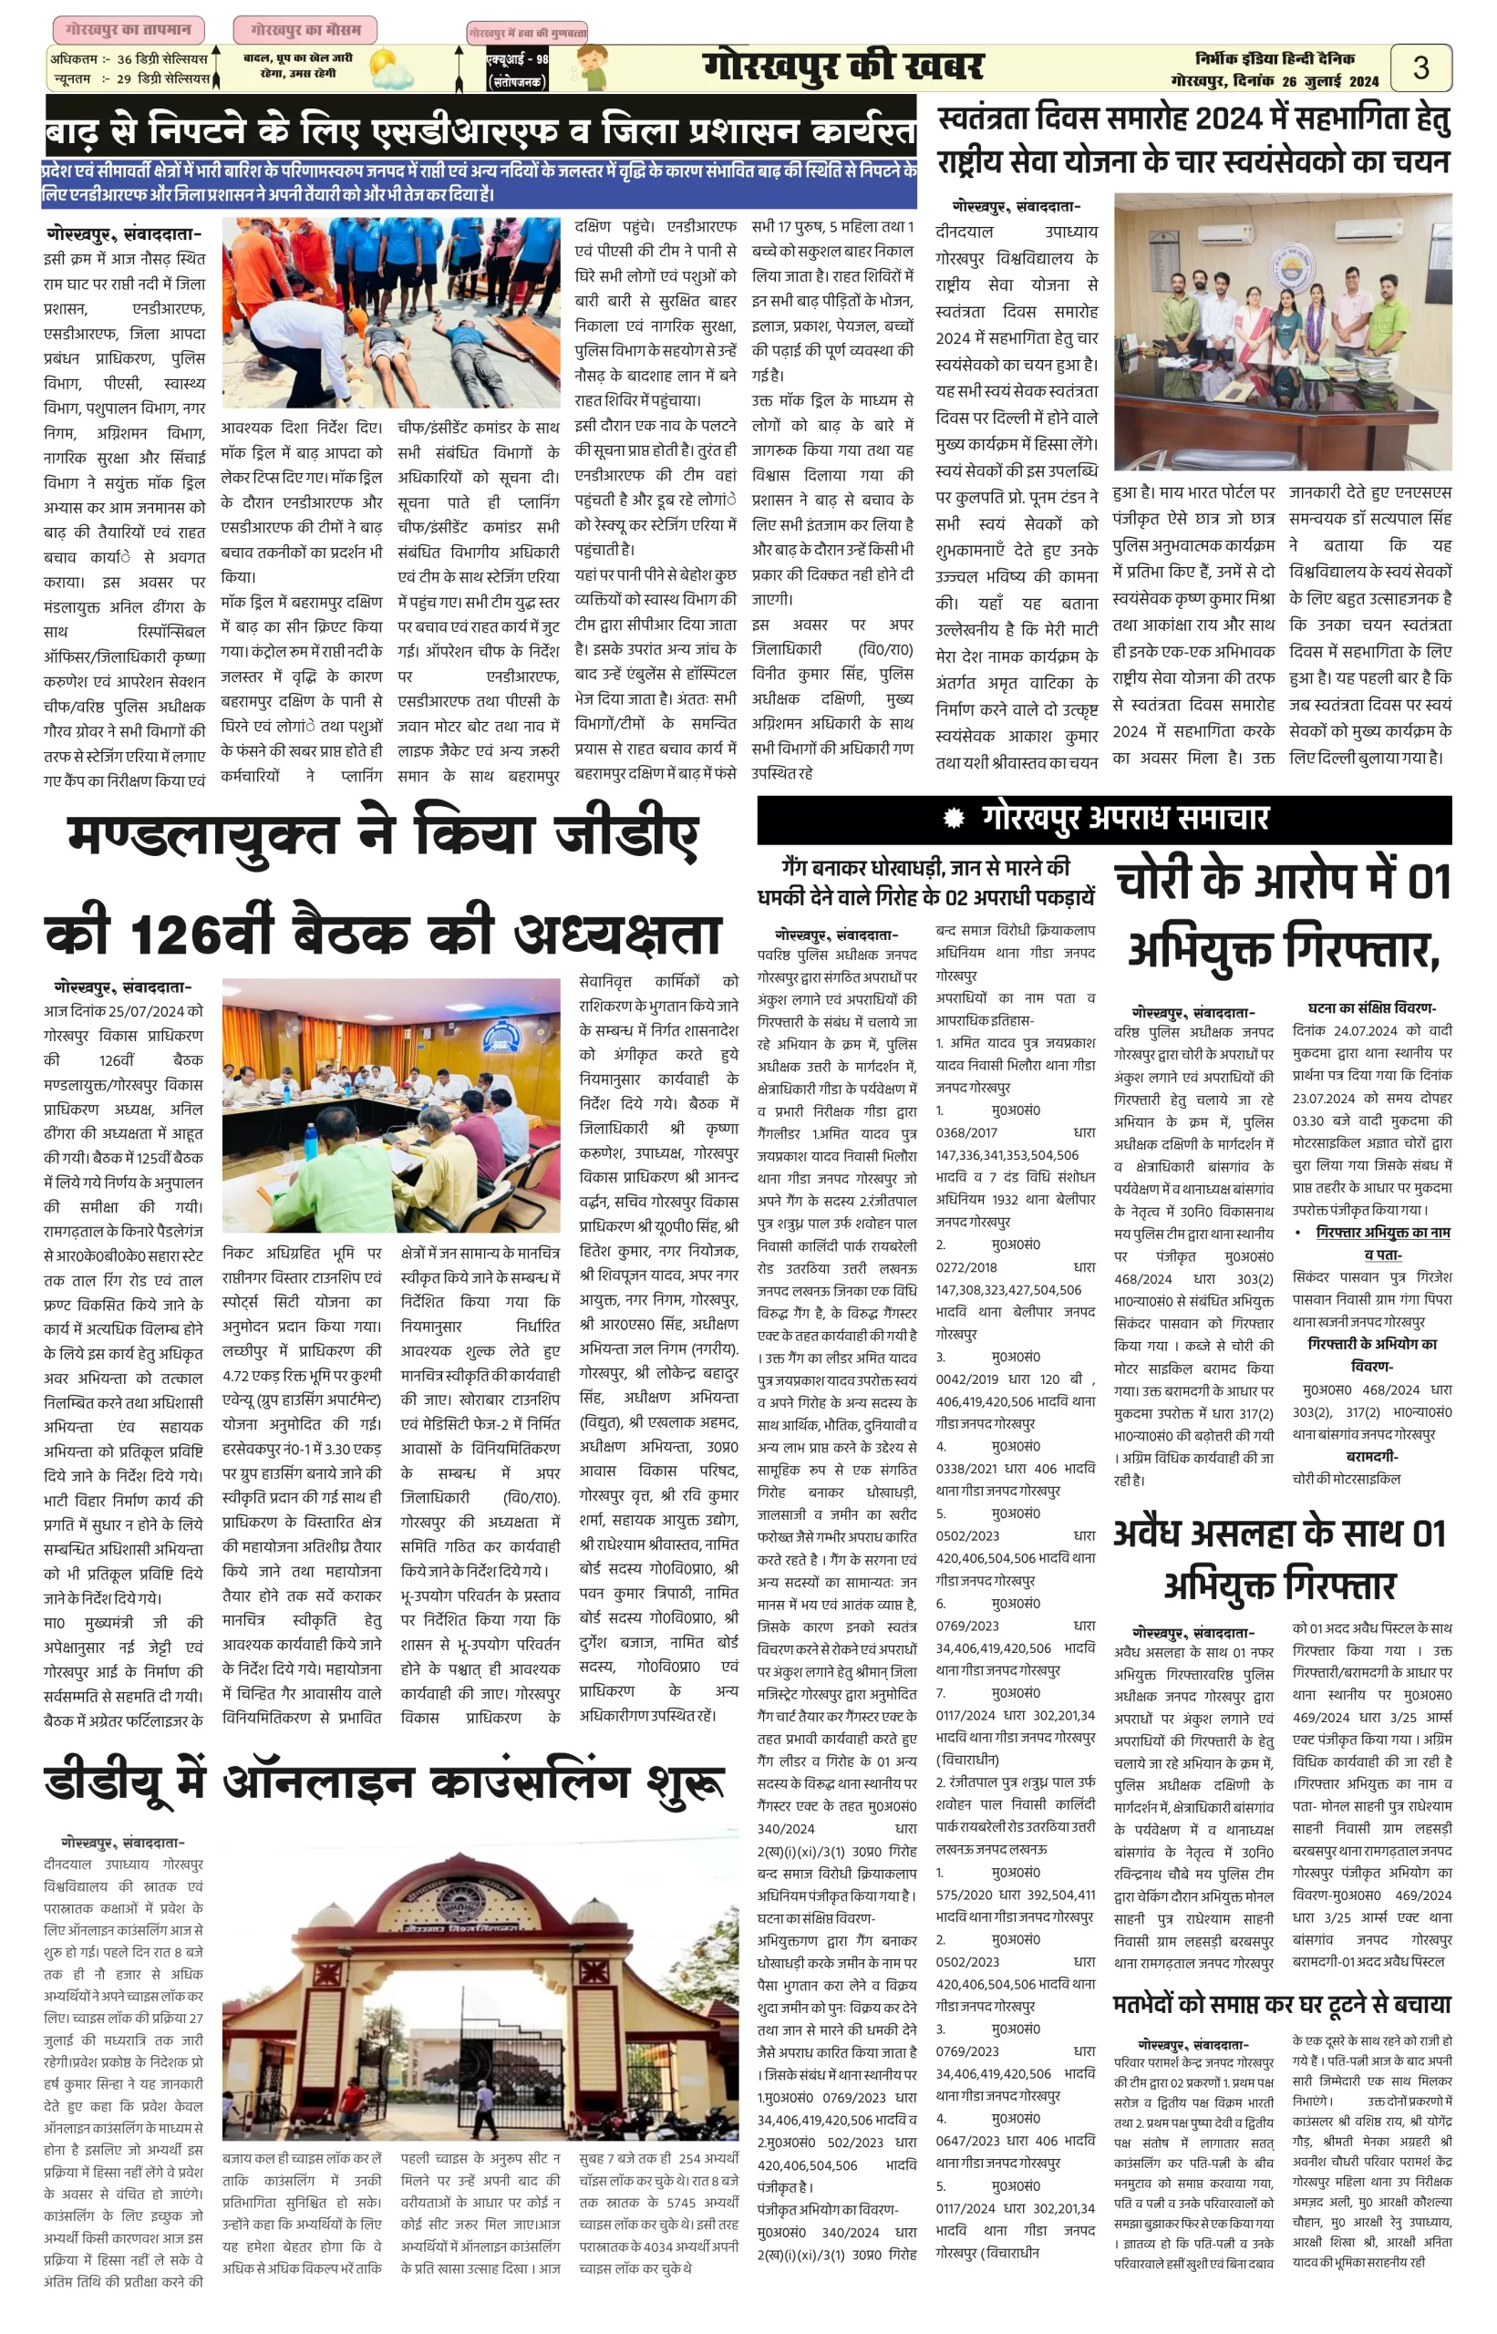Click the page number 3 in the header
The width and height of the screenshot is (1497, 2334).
pos(1420,68)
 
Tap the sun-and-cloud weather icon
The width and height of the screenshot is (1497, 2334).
pos(390,70)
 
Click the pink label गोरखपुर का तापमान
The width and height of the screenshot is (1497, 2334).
pos(129,30)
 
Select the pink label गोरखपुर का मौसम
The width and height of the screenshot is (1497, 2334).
pos(305,30)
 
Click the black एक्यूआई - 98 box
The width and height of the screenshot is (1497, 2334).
pos(517,71)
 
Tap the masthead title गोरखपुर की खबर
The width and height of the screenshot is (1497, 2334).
pos(842,67)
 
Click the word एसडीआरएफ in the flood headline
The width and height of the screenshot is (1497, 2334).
pos(479,130)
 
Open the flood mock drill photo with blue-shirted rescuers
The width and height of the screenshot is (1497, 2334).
pos(391,312)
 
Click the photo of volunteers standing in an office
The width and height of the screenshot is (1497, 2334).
pos(1282,332)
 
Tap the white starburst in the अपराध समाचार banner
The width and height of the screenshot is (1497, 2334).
pos(954,819)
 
